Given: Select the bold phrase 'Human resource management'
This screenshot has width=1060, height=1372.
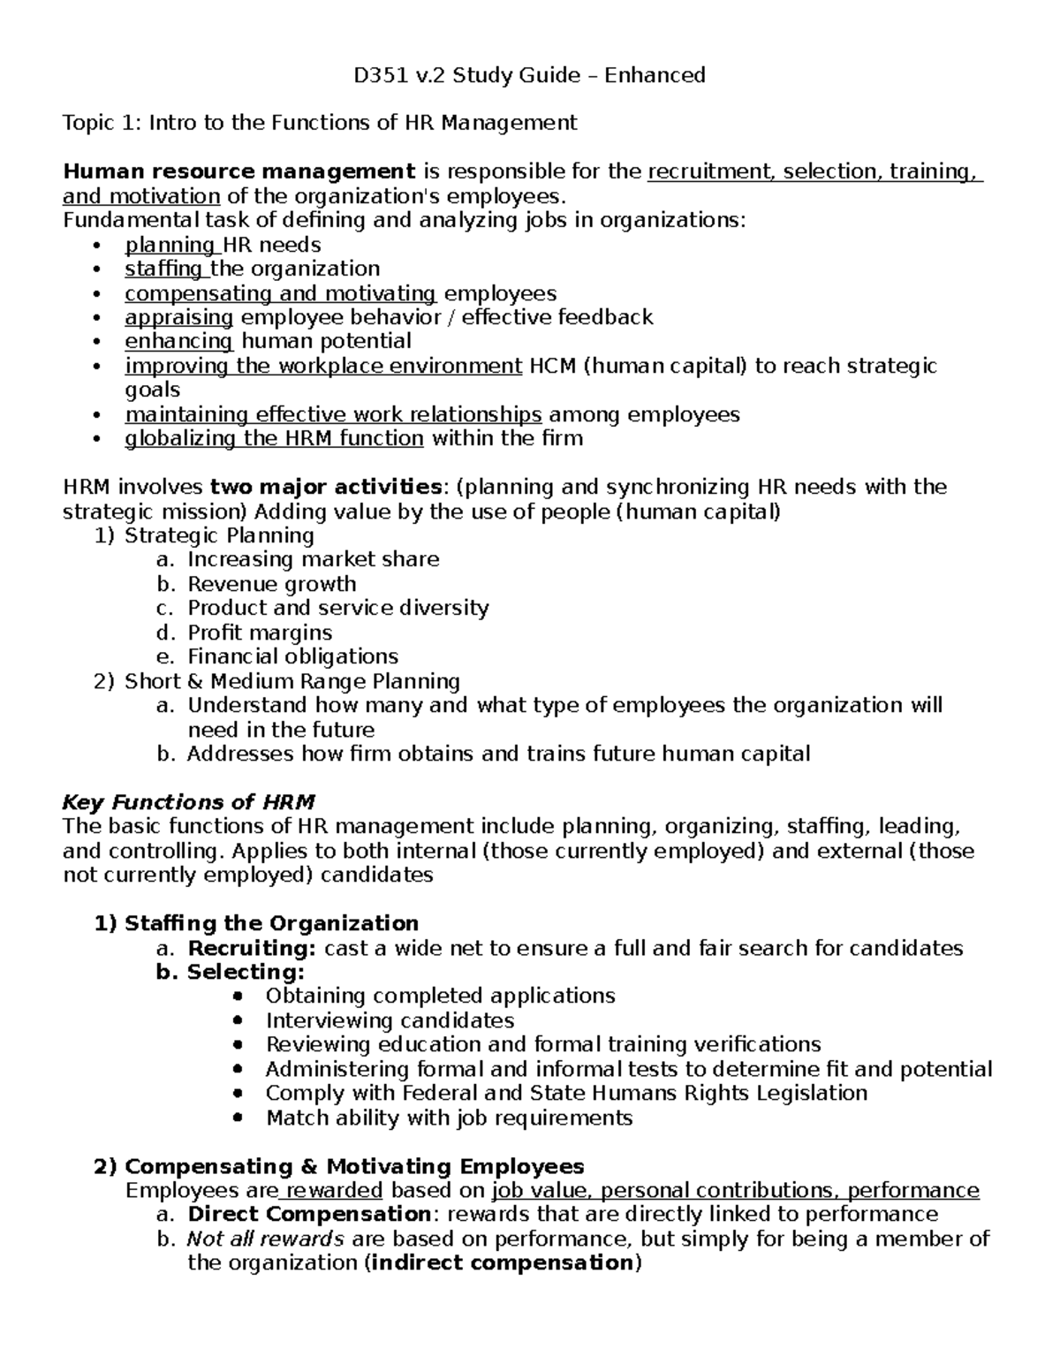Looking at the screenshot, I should click(238, 171).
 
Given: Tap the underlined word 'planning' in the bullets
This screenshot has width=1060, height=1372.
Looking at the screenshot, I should click(170, 245).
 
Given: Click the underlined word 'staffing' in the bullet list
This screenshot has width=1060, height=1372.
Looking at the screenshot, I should click(163, 269).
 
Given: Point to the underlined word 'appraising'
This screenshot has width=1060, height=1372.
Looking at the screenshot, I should click(178, 317).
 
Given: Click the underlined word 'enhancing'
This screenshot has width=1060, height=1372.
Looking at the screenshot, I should click(178, 341).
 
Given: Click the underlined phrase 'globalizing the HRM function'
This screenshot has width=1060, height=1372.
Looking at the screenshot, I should click(274, 438).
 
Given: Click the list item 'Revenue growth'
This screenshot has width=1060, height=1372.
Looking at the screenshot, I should click(271, 584).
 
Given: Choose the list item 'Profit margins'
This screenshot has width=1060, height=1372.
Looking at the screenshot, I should click(260, 633).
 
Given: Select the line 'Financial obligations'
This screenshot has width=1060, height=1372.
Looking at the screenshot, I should click(292, 656).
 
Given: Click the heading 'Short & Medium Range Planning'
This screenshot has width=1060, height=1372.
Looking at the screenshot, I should click(291, 681).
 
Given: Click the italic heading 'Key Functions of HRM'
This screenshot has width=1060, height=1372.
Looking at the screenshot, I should click(188, 802).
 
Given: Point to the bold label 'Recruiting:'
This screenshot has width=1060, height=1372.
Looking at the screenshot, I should click(251, 948).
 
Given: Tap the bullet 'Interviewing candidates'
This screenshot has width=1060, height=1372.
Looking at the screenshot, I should click(390, 1020).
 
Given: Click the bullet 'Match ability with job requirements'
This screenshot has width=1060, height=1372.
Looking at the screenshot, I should click(449, 1118).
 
